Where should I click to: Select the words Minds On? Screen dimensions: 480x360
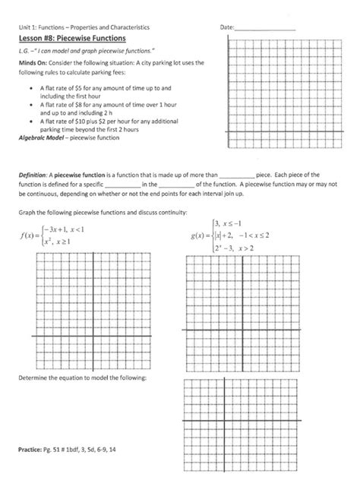click(35, 63)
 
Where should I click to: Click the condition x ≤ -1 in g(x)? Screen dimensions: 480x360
click(242, 223)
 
